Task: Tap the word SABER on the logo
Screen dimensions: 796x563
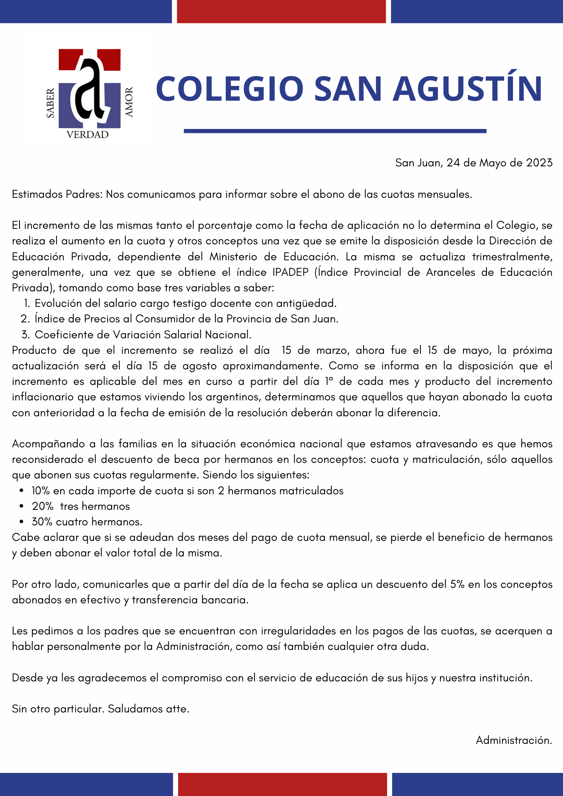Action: click(51, 103)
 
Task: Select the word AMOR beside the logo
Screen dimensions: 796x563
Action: click(129, 102)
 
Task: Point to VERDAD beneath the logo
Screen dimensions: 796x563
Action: click(88, 135)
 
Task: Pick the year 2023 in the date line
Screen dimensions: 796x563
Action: click(539, 163)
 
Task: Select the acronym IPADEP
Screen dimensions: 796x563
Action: click(290, 272)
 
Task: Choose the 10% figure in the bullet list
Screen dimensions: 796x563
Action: click(41, 491)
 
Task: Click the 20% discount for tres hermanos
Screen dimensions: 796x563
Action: click(43, 506)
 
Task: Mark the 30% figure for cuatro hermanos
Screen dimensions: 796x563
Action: click(42, 522)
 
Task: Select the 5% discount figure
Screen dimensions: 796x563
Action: click(457, 584)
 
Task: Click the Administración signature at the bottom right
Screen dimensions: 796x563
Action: click(514, 740)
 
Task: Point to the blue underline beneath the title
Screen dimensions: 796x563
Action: click(335, 131)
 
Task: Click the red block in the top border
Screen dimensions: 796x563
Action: click(281, 11)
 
